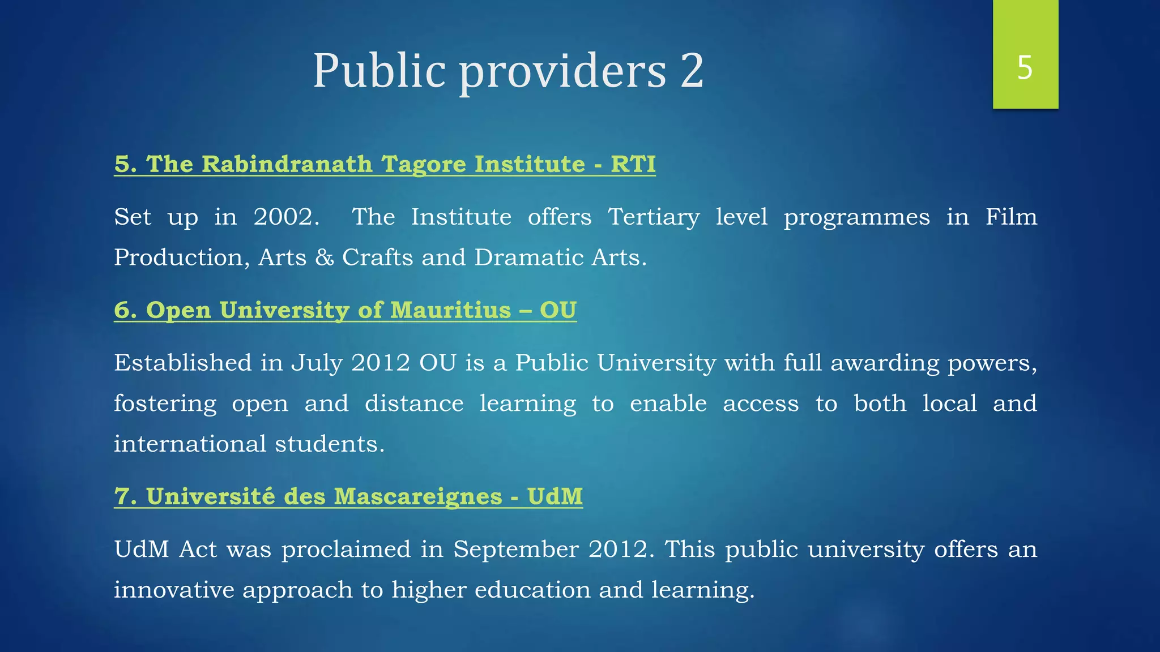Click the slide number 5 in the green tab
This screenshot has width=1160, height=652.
pos(1025,67)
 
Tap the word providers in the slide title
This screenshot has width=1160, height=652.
pos(562,71)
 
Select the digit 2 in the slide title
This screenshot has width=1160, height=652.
pos(692,70)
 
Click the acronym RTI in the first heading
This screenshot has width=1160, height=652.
pos(633,164)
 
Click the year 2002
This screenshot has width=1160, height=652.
pos(285,217)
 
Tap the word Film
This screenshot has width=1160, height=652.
pos(1011,217)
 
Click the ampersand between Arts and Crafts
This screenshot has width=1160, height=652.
pos(325,258)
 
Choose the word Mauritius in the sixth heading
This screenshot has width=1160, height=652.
pos(450,310)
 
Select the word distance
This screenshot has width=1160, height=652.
pos(414,404)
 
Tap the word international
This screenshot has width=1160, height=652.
pos(190,444)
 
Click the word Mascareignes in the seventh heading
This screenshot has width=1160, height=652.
pos(417,496)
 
